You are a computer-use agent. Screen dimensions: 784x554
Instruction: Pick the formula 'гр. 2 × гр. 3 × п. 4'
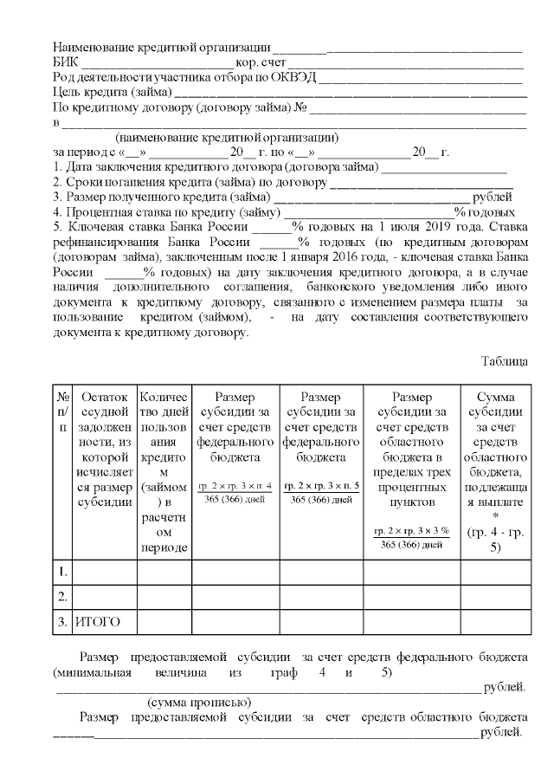point(235,486)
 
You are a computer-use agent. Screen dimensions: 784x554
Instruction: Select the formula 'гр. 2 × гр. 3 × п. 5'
point(321,486)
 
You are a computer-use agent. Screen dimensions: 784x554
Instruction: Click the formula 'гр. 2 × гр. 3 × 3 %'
point(411,530)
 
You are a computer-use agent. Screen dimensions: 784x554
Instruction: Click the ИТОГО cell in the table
point(97,621)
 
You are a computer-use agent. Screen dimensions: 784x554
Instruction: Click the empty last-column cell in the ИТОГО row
point(496,621)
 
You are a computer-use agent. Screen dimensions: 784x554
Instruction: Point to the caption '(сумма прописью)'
point(199,702)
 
